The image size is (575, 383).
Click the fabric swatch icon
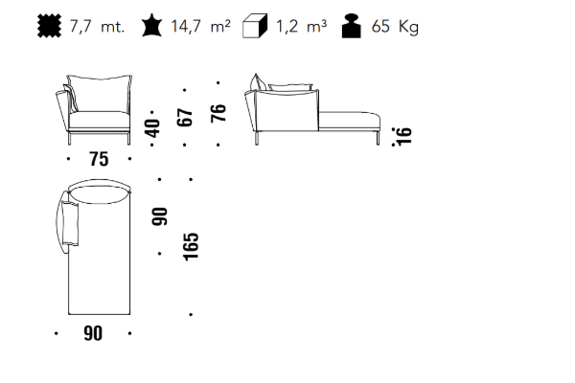tap(50, 26)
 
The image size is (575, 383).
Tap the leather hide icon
tap(151, 25)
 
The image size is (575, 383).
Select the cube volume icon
tap(255, 26)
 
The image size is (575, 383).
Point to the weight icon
tap(352, 26)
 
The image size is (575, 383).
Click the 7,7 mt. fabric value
tap(97, 27)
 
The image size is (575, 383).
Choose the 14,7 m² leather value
tap(200, 27)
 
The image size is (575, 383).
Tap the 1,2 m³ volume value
tap(301, 27)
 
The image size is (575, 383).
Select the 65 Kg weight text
tap(395, 27)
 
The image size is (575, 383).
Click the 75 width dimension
tap(99, 160)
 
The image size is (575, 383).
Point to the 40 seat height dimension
tap(152, 128)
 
